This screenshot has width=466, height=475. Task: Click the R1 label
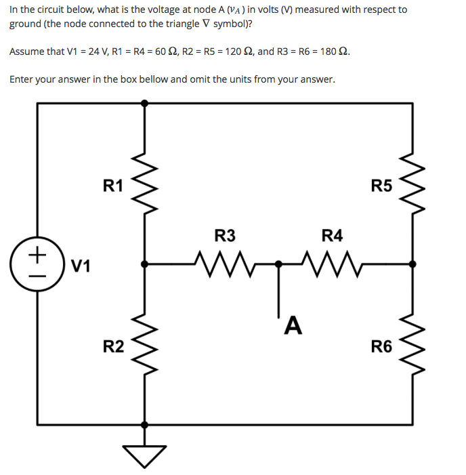pos(112,186)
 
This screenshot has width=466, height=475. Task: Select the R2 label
pos(113,347)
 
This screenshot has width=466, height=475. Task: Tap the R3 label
pos(225,236)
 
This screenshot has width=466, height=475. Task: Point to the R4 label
pos(332,236)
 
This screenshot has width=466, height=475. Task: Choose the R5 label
pos(381,186)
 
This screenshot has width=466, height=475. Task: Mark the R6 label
pos(381,347)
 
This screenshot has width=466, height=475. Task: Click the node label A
pos(292,326)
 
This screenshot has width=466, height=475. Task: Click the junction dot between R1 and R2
pos(144,263)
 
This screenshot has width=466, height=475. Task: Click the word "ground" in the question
pos(26,23)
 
